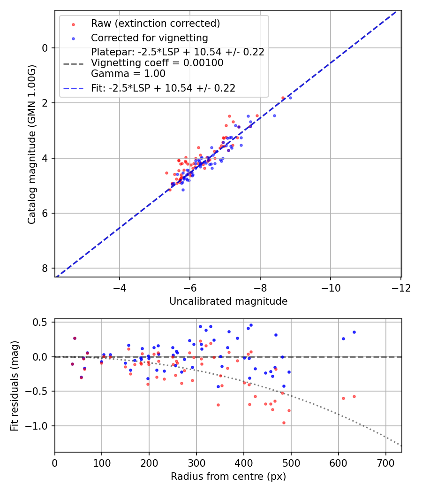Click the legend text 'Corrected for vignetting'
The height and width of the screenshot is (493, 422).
click(x=149, y=38)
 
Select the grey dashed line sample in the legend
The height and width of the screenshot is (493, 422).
click(x=74, y=63)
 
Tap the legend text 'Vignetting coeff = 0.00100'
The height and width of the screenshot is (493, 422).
click(x=157, y=63)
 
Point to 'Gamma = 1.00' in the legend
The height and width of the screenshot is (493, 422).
click(x=128, y=74)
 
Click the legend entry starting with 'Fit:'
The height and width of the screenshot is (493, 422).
click(x=163, y=88)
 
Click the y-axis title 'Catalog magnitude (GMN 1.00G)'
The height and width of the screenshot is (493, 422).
click(x=31, y=143)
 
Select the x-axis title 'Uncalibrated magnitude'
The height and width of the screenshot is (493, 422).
click(x=228, y=301)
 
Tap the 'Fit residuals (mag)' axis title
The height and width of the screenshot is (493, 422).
click(x=15, y=385)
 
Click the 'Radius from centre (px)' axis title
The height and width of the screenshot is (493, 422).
click(x=228, y=477)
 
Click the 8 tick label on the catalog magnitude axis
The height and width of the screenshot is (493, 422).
click(x=45, y=268)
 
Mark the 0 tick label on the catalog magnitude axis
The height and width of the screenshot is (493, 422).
click(x=45, y=48)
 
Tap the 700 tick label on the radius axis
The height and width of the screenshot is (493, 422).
click(x=385, y=463)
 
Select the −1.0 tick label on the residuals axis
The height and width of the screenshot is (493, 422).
click(x=39, y=426)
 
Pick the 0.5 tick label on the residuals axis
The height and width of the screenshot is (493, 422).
click(x=42, y=322)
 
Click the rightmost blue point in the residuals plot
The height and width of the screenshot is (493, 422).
click(x=354, y=332)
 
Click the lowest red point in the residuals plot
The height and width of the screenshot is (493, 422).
click(x=284, y=423)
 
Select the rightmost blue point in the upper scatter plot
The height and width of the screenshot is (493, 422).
click(x=290, y=98)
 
